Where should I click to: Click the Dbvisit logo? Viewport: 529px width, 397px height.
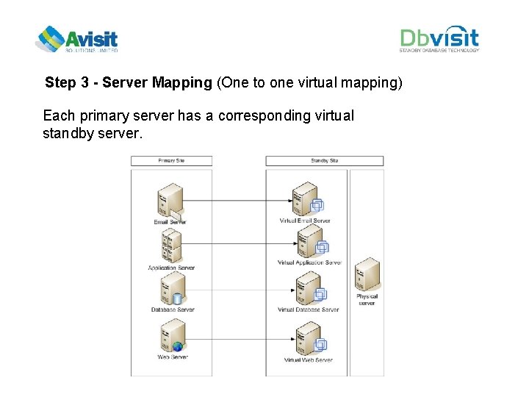pyautogui.click(x=439, y=40)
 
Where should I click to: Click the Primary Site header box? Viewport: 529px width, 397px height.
pyautogui.click(x=171, y=160)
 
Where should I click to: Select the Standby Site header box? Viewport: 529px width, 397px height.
pyautogui.click(x=324, y=160)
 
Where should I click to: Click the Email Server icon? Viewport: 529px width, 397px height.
pyautogui.click(x=170, y=200)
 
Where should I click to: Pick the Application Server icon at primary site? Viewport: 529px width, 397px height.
pyautogui.click(x=170, y=246)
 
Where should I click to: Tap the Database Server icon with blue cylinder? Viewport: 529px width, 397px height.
pyautogui.click(x=171, y=290)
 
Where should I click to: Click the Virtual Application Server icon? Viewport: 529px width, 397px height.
pyautogui.click(x=310, y=241)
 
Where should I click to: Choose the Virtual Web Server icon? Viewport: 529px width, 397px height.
pyautogui.click(x=309, y=338)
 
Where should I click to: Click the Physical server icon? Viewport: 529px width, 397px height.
pyautogui.click(x=367, y=276)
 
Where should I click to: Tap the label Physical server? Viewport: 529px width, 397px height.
pyautogui.click(x=367, y=300)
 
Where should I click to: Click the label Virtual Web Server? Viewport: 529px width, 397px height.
pyautogui.click(x=308, y=360)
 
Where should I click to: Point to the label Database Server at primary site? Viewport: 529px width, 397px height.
pyautogui.click(x=173, y=310)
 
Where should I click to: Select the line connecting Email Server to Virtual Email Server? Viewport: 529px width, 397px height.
pyautogui.click(x=235, y=201)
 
